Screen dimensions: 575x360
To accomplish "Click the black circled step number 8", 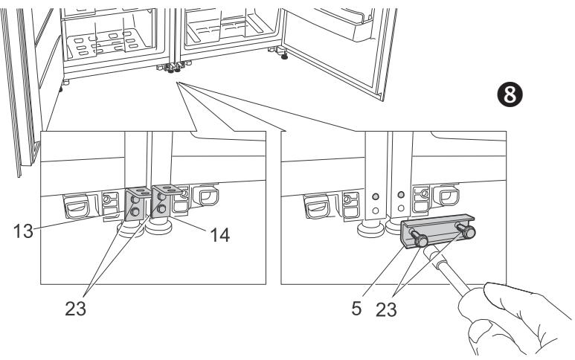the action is click(510, 94).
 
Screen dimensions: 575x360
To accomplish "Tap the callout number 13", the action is click(24, 231).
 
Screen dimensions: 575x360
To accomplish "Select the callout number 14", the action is click(219, 235).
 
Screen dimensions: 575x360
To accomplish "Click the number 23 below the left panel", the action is click(76, 309).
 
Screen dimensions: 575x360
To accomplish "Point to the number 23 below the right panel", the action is click(386, 309).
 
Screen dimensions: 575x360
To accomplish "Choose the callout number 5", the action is click(356, 309).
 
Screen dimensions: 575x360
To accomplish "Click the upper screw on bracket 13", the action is click(135, 200).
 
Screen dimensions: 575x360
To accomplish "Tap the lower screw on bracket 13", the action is click(135, 211).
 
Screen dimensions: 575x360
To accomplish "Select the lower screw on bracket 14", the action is click(161, 209).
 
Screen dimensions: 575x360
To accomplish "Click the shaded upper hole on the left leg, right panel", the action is click(375, 196).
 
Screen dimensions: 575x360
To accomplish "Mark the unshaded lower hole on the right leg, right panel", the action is click(401, 208).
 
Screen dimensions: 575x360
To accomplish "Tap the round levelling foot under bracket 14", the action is click(158, 227).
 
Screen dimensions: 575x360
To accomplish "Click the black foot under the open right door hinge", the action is click(284, 56).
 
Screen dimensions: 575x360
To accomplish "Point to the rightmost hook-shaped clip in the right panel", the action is click(446, 196).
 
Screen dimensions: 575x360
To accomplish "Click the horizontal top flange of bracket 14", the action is click(167, 190).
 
